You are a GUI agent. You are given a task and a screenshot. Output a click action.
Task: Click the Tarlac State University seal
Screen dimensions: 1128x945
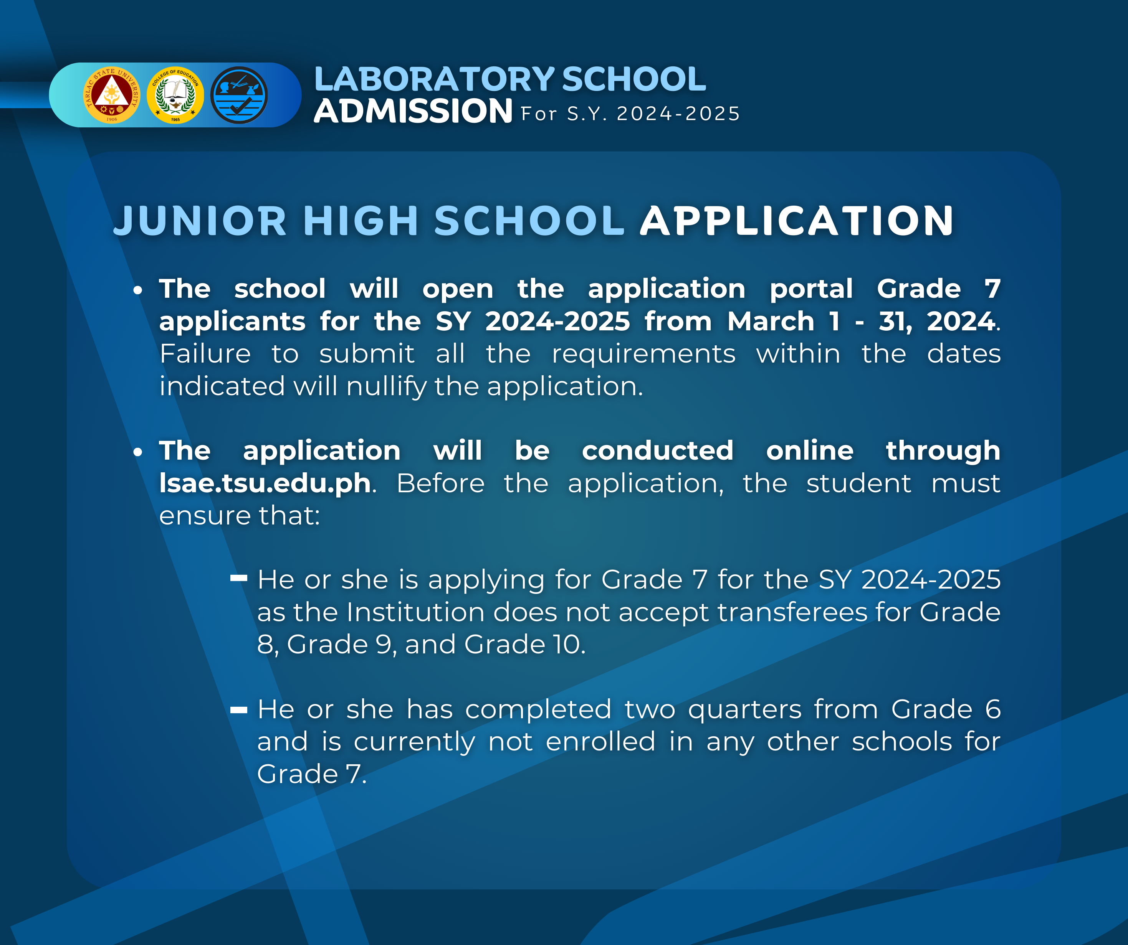point(111,95)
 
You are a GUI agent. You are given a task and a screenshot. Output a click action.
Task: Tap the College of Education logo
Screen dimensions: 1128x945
point(175,95)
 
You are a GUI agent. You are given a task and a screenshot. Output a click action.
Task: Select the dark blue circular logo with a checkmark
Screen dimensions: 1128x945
point(239,95)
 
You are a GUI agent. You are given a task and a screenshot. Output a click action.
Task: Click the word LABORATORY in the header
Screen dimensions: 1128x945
point(434,79)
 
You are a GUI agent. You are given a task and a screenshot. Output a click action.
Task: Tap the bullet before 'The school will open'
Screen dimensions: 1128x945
point(138,290)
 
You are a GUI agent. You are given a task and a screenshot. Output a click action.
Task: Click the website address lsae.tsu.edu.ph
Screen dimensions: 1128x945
point(265,483)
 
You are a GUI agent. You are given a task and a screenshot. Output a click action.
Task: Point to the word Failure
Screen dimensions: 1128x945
point(205,354)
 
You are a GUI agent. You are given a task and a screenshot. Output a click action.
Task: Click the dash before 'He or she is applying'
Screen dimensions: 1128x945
point(238,578)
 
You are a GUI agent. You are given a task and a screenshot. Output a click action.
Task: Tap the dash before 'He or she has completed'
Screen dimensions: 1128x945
point(238,710)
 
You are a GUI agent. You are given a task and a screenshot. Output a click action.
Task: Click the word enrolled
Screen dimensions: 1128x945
point(600,742)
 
